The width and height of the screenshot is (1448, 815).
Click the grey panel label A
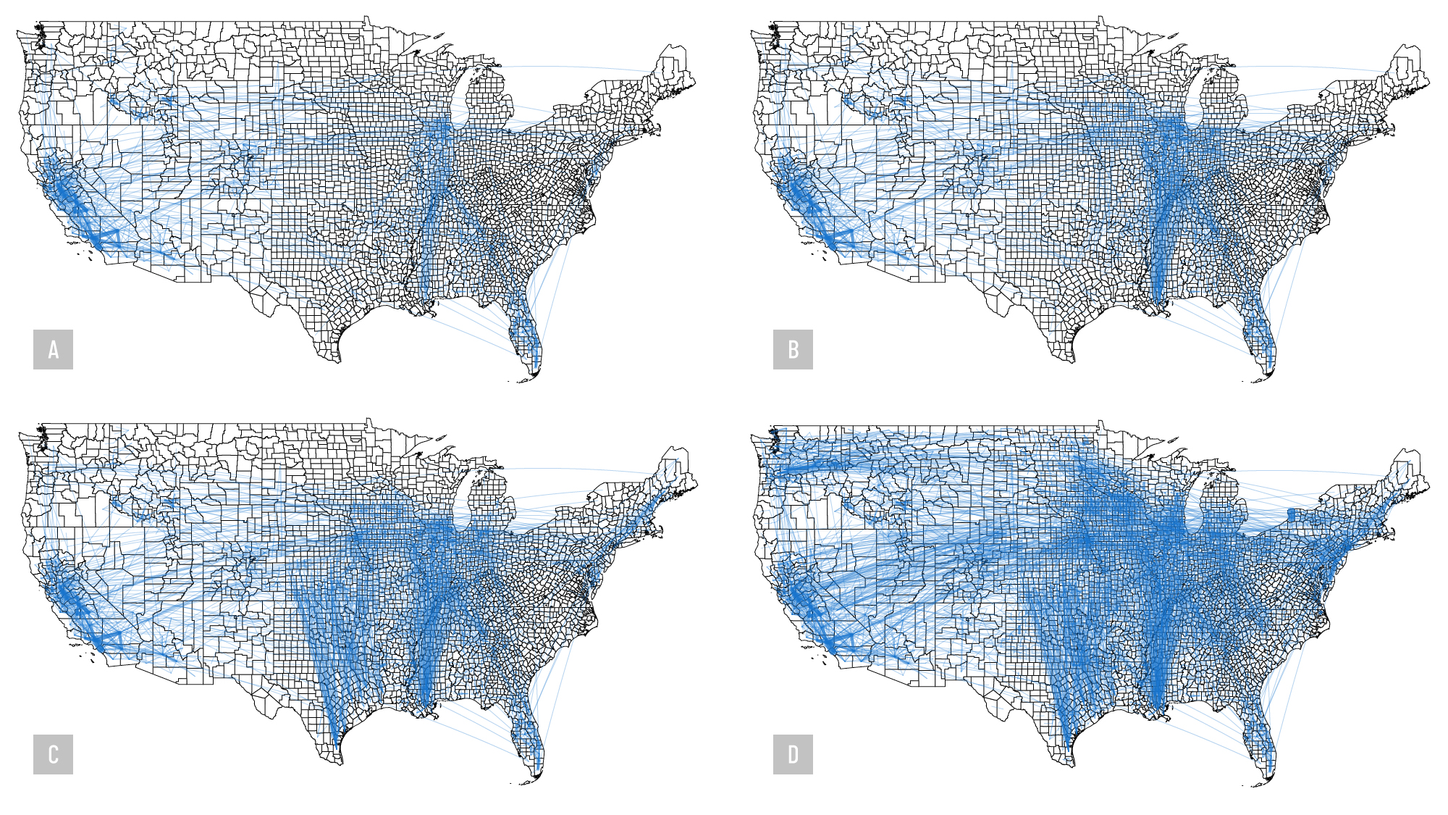(x=53, y=350)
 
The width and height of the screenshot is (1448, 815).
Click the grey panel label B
(x=793, y=350)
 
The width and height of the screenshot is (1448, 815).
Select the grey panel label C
(x=53, y=754)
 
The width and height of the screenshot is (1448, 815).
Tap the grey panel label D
(x=793, y=754)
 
